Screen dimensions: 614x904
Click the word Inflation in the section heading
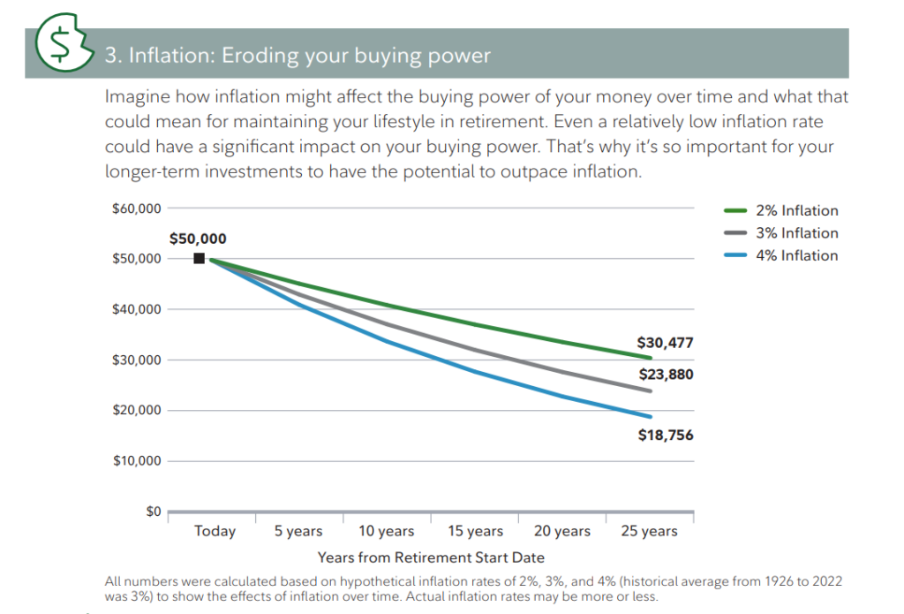[167, 56]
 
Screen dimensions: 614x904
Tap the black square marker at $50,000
[200, 258]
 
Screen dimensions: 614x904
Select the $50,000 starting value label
[198, 239]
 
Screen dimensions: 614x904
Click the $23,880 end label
[665, 375]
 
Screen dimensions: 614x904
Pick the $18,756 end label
[665, 435]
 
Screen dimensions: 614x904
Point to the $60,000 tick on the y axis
[136, 208]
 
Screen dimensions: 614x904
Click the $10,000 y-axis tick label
[136, 461]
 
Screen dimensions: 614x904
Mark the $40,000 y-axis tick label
[136, 309]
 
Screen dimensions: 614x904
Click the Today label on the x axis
[215, 531]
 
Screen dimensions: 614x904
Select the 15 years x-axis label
[474, 531]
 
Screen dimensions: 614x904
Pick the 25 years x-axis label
[648, 531]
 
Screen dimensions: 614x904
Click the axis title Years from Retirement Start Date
[431, 557]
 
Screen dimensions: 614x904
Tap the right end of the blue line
[651, 416]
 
